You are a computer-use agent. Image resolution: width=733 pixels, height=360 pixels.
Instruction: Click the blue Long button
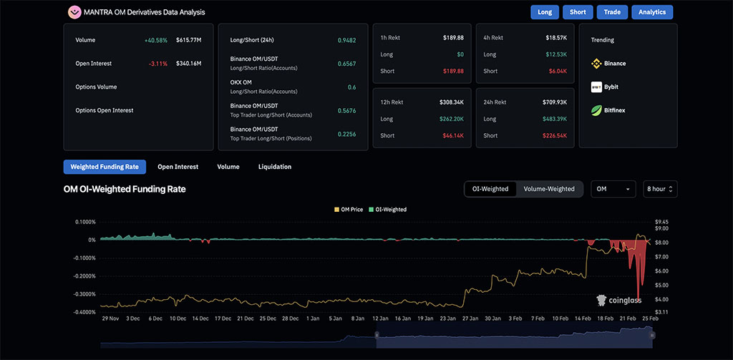pyautogui.click(x=545, y=12)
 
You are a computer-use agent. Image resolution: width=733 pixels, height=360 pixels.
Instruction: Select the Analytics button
pyautogui.click(x=652, y=12)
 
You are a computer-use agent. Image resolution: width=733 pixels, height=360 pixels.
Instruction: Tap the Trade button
pyautogui.click(x=612, y=12)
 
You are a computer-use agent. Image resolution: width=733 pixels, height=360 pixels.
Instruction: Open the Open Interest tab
pyautogui.click(x=178, y=167)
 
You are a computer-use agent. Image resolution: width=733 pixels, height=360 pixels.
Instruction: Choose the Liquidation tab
pyautogui.click(x=275, y=167)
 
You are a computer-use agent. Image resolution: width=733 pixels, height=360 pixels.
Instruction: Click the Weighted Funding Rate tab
pyautogui.click(x=105, y=167)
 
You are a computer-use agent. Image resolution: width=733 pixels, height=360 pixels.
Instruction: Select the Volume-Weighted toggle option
pyautogui.click(x=549, y=189)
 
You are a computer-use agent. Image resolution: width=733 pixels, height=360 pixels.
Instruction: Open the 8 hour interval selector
pyautogui.click(x=660, y=189)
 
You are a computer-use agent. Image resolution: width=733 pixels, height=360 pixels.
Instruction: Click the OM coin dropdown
pyautogui.click(x=613, y=189)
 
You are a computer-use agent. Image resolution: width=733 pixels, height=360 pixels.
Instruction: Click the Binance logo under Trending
pyautogui.click(x=596, y=64)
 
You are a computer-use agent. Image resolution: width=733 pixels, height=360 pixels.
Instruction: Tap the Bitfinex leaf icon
pyautogui.click(x=596, y=110)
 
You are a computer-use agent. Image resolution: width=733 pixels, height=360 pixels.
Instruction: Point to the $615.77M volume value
pyautogui.click(x=189, y=40)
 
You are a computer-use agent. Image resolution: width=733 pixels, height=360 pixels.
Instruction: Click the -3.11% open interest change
pyautogui.click(x=158, y=64)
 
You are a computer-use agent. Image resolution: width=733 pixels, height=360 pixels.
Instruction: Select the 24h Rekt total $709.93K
pyautogui.click(x=555, y=102)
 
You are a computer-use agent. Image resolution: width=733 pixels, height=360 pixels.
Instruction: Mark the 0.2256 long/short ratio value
pyautogui.click(x=347, y=134)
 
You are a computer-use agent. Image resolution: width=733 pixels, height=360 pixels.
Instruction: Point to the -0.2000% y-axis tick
pyautogui.click(x=85, y=276)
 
